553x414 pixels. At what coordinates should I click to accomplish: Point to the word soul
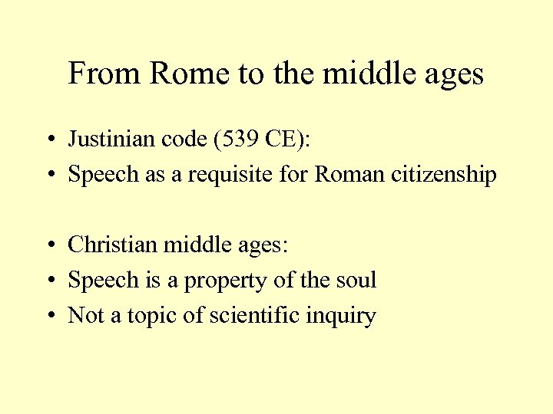click(x=354, y=280)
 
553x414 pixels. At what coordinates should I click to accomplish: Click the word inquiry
click(x=346, y=316)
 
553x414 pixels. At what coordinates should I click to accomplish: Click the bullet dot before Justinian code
click(x=48, y=141)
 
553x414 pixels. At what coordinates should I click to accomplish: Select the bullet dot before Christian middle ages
click(x=48, y=246)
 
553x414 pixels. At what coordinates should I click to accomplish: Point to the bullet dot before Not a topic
click(x=48, y=317)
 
